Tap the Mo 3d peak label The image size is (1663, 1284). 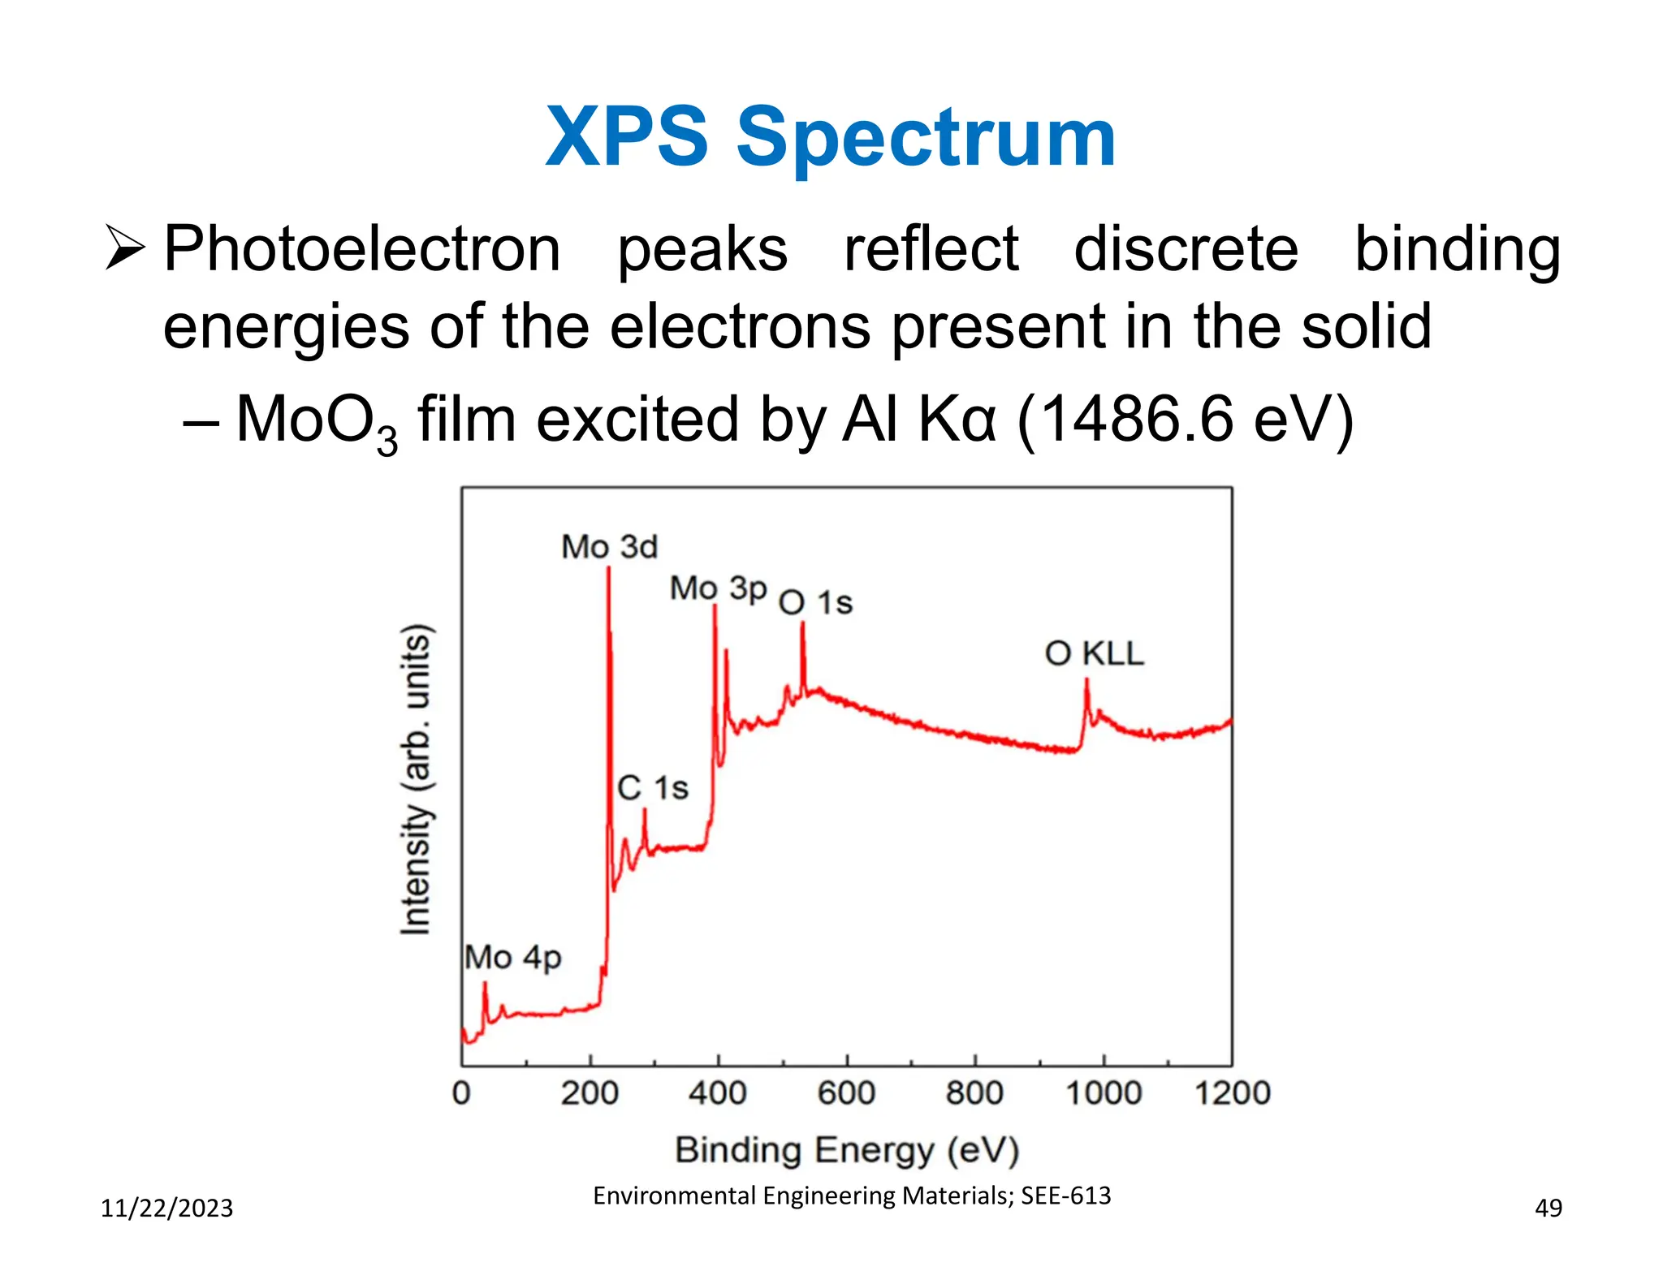pyautogui.click(x=609, y=547)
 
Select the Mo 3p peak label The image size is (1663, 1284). pyautogui.click(x=718, y=588)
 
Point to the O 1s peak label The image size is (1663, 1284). pyautogui.click(x=815, y=603)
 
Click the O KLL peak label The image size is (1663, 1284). pyautogui.click(x=1094, y=653)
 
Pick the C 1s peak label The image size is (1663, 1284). pyautogui.click(x=652, y=788)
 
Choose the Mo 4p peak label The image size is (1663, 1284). pyautogui.click(x=512, y=958)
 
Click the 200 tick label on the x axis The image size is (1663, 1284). pyautogui.click(x=590, y=1093)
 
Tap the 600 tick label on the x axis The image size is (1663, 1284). pyautogui.click(x=846, y=1093)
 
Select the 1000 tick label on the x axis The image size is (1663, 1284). pyautogui.click(x=1104, y=1093)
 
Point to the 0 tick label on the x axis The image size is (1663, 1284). pyautogui.click(x=461, y=1093)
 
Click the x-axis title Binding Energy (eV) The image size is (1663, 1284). pyautogui.click(x=847, y=1151)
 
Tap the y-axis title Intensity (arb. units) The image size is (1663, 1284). pyautogui.click(x=416, y=779)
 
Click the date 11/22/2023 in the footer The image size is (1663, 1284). pyautogui.click(x=166, y=1209)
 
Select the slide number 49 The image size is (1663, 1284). pyautogui.click(x=1548, y=1209)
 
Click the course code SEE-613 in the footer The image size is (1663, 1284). pyautogui.click(x=1065, y=1196)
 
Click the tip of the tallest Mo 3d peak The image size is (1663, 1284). pyautogui.click(x=608, y=567)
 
